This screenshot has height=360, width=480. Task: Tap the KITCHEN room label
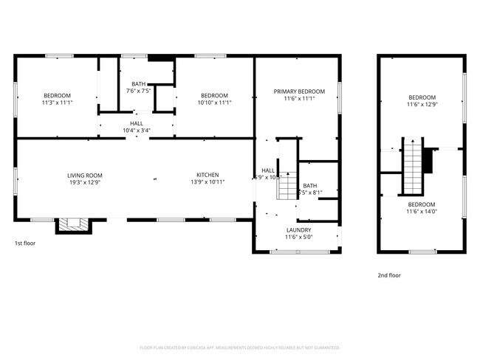point(207,175)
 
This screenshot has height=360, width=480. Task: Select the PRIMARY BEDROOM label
point(299,91)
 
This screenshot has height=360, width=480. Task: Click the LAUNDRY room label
point(299,229)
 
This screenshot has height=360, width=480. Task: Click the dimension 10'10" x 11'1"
point(214,103)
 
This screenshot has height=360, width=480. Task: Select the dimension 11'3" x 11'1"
point(57,103)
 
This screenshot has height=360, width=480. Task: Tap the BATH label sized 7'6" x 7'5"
point(139,84)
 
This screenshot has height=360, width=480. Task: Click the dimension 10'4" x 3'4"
point(137,131)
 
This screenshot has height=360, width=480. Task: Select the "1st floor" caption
point(25,243)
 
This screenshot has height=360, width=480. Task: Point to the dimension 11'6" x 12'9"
point(422,105)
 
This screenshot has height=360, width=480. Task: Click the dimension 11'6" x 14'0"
point(422,212)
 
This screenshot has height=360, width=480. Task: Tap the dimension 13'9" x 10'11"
point(207,182)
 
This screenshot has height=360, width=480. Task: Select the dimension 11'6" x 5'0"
point(299,237)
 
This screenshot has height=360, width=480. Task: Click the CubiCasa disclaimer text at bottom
point(240,347)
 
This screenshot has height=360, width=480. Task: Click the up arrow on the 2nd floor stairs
point(412,142)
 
